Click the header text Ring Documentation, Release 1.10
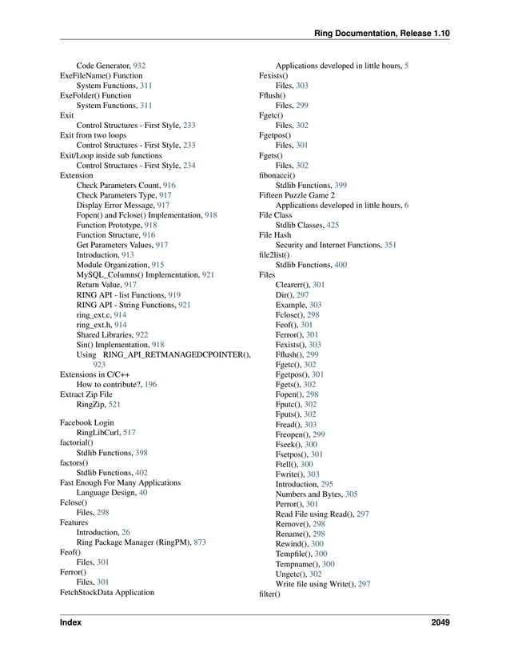click(x=382, y=34)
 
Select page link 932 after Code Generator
click(x=139, y=66)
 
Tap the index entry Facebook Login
click(x=87, y=422)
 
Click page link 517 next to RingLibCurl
click(x=129, y=433)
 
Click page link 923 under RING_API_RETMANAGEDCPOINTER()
click(x=100, y=365)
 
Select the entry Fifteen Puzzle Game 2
click(x=297, y=195)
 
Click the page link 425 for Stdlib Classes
click(x=333, y=226)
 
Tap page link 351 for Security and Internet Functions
click(x=390, y=246)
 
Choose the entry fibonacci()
click(x=277, y=175)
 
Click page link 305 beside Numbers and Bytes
click(x=351, y=494)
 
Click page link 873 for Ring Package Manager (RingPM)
click(x=200, y=542)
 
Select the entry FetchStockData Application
click(x=107, y=593)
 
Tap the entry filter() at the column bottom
click(x=270, y=594)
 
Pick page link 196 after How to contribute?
click(x=151, y=385)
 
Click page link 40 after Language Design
click(x=143, y=493)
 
